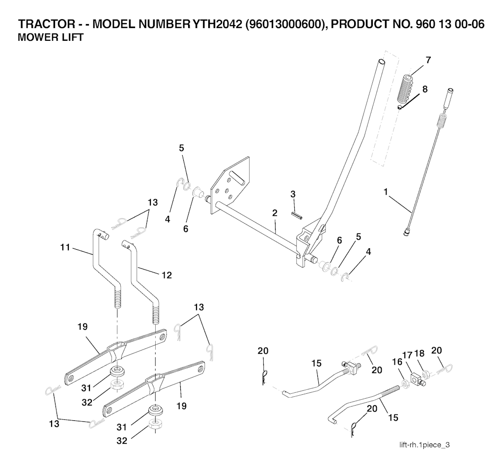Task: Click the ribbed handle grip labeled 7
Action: tap(406, 89)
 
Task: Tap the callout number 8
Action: tap(425, 89)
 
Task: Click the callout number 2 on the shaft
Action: tap(275, 213)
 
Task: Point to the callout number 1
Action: tap(386, 192)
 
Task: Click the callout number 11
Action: tap(65, 247)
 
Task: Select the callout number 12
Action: tap(167, 275)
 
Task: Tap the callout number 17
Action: tap(407, 355)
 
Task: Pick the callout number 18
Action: tap(419, 353)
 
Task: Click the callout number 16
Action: tap(397, 362)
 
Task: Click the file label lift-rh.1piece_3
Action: tap(424, 444)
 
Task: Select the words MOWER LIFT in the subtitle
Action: tap(51, 37)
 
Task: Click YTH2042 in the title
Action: tap(217, 24)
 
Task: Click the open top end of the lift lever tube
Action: tap(381, 61)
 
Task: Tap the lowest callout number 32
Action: tap(122, 441)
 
